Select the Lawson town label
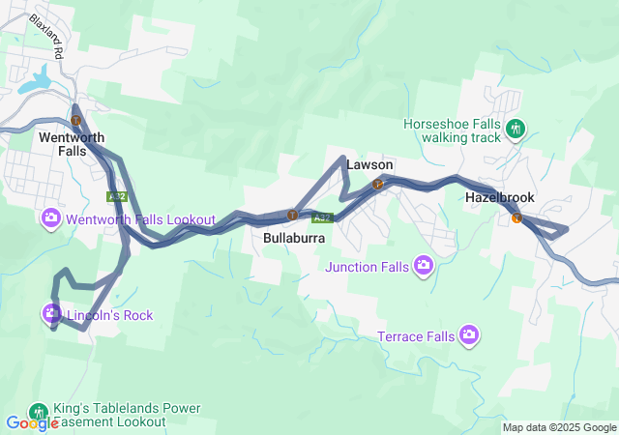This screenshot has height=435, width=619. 369,165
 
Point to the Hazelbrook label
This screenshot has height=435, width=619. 499,196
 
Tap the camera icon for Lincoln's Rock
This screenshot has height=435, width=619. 50,313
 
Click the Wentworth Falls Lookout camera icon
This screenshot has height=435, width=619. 51,217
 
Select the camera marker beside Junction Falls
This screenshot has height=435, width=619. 423,264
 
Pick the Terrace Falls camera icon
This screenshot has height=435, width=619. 469,334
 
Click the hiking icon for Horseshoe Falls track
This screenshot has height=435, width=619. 516,128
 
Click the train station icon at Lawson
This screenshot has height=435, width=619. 379,184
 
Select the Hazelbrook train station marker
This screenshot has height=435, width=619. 516,217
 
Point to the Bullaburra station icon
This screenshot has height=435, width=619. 291,215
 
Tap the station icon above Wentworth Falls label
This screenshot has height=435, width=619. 75,120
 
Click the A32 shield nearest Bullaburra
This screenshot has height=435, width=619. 323,217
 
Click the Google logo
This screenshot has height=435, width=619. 32,423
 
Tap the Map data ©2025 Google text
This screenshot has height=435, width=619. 559,427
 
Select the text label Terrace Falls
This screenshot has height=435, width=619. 415,337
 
